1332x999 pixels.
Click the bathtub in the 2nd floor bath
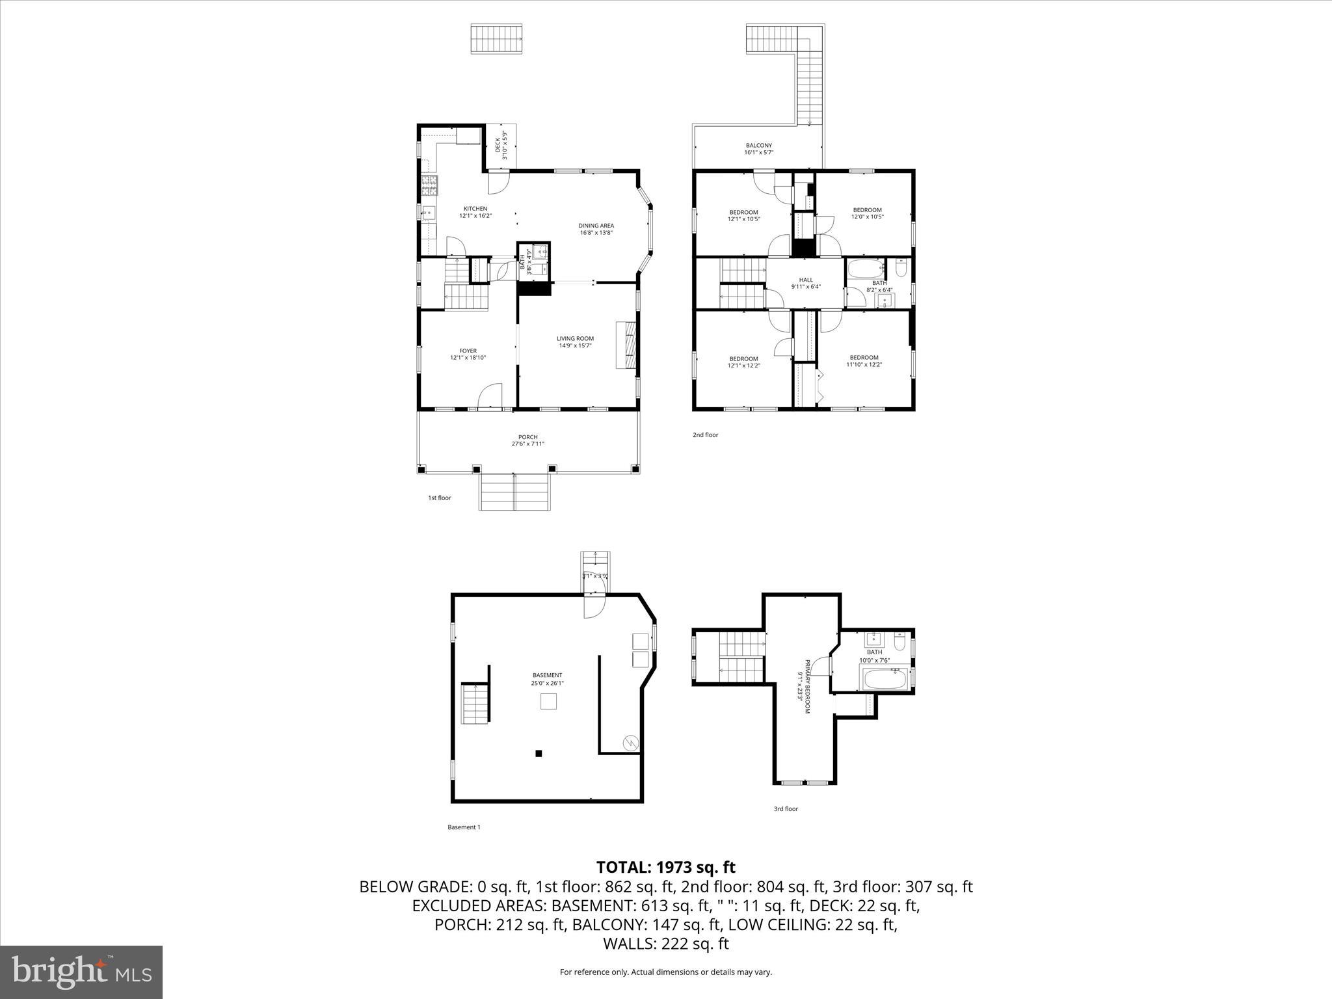click(865, 268)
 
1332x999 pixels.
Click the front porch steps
click(514, 492)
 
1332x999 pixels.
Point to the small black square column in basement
click(539, 754)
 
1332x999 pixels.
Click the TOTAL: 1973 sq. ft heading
click(665, 867)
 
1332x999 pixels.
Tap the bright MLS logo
click(81, 972)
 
